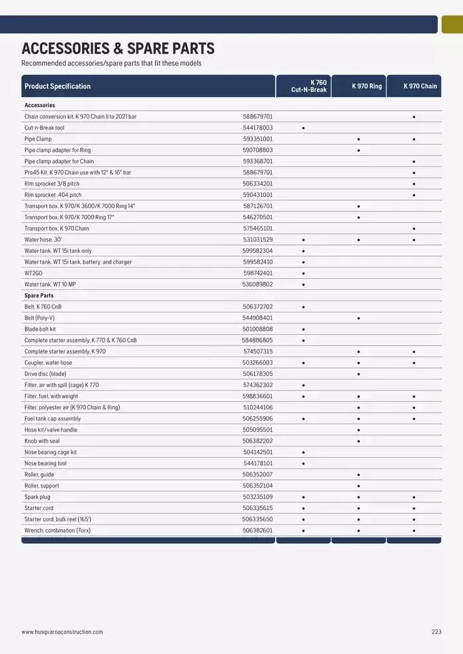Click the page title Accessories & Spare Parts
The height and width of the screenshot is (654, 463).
tap(118, 48)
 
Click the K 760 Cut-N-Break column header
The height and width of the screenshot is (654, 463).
tap(309, 86)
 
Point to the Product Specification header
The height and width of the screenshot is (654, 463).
tap(58, 86)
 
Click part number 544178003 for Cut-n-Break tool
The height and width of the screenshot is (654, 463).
tap(257, 127)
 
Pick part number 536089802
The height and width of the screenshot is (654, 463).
tap(257, 284)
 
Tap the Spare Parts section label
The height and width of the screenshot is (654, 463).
tap(39, 295)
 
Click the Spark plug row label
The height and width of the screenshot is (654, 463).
tap(37, 497)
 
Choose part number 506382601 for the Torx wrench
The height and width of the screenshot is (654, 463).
tap(257, 530)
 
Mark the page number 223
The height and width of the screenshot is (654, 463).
tap(436, 632)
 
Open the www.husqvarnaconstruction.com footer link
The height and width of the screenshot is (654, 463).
tap(62, 632)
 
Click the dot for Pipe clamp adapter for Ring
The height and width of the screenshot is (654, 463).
tap(358, 150)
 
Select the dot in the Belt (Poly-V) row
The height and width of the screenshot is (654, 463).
tap(358, 318)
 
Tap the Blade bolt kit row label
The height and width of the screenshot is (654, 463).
tap(40, 329)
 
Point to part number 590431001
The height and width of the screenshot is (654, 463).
tap(257, 195)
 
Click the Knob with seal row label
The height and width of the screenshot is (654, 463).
tap(42, 441)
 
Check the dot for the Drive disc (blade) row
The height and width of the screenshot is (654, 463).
tap(358, 374)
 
